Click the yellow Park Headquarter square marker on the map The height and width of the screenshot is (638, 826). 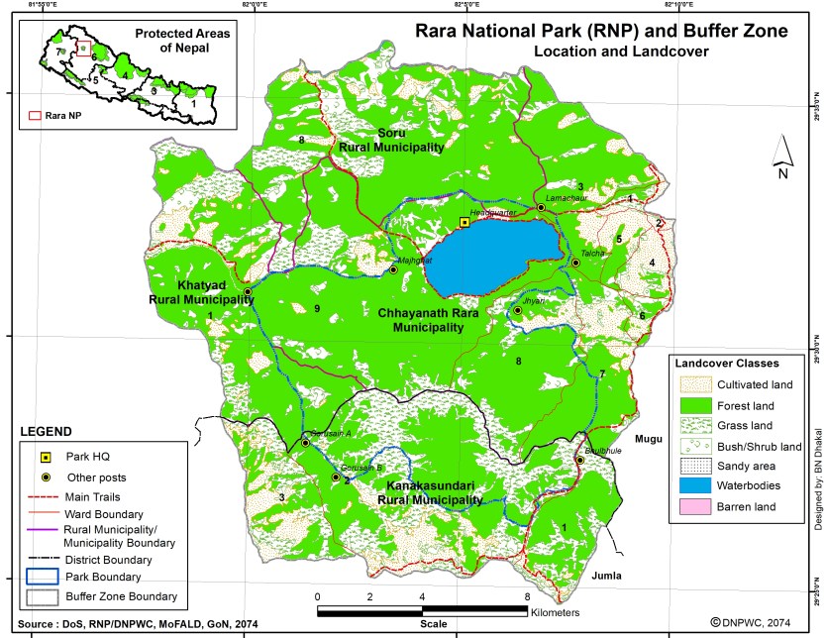click(x=465, y=222)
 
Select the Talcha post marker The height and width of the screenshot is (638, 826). click(x=575, y=263)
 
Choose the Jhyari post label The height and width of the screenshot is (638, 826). click(x=534, y=299)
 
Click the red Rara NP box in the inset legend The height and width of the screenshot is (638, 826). click(x=35, y=115)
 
